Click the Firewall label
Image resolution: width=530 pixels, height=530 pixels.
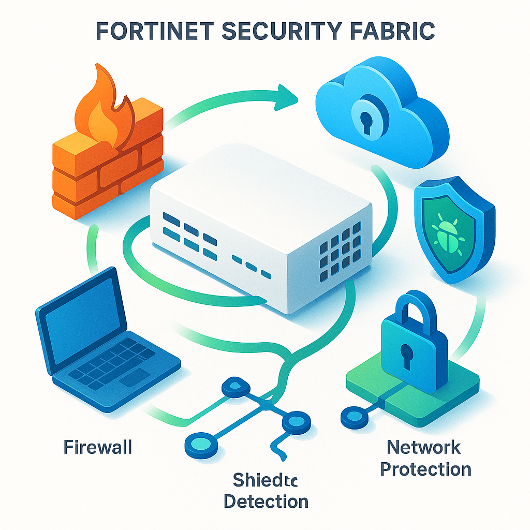pyautogui.click(x=98, y=447)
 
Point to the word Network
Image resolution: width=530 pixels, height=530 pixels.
pyautogui.click(x=424, y=447)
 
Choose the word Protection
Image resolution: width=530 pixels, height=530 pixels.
pyautogui.click(x=425, y=469)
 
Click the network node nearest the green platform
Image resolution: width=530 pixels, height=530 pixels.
pyautogui.click(x=351, y=415)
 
